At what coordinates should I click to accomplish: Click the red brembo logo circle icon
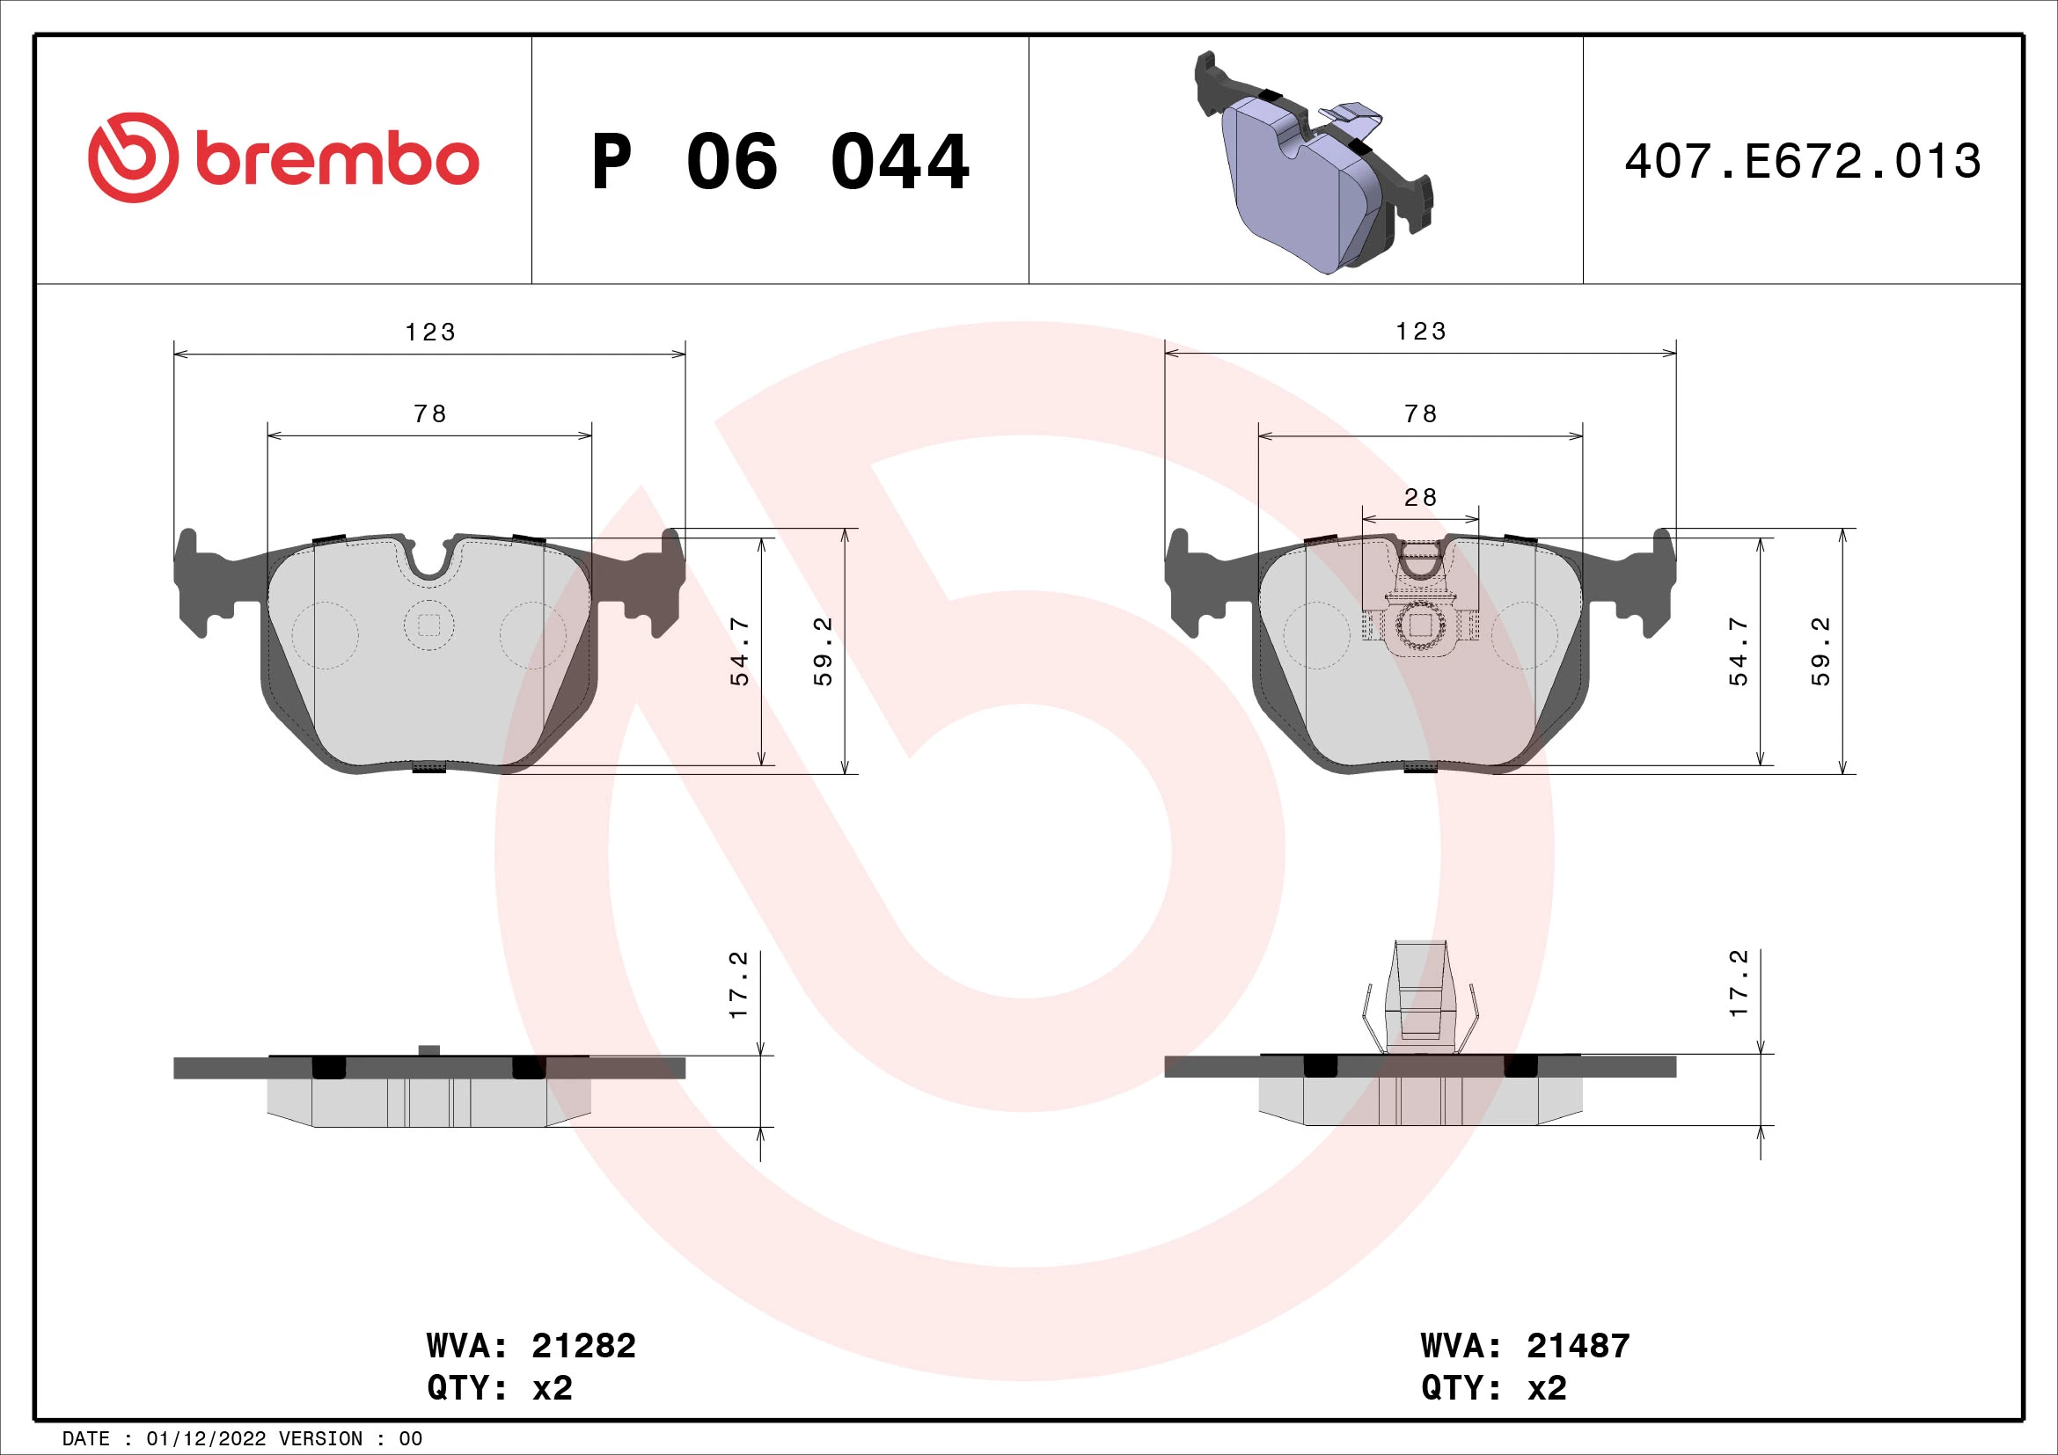click(x=133, y=157)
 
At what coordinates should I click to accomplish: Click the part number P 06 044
click(x=780, y=162)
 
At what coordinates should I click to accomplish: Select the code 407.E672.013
click(x=1802, y=162)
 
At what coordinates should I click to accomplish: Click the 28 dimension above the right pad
click(x=1420, y=497)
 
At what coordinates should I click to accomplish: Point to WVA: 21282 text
click(x=531, y=1346)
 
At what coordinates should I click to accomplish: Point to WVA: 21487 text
click(x=1525, y=1346)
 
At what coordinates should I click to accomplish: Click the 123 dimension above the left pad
click(x=430, y=333)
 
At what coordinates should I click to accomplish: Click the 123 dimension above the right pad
click(x=1421, y=332)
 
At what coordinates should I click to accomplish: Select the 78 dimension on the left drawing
click(x=430, y=414)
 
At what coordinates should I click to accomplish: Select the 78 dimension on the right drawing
click(x=1421, y=414)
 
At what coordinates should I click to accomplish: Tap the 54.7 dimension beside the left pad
click(x=739, y=651)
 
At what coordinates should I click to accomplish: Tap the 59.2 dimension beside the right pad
click(x=1820, y=651)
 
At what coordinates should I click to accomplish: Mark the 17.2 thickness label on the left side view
click(x=737, y=984)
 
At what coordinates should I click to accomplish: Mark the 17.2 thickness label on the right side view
click(x=1738, y=983)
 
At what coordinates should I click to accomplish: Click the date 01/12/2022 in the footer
click(x=206, y=1439)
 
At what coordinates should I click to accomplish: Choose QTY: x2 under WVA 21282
click(x=499, y=1388)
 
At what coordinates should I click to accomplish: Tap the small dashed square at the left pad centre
click(x=429, y=626)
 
